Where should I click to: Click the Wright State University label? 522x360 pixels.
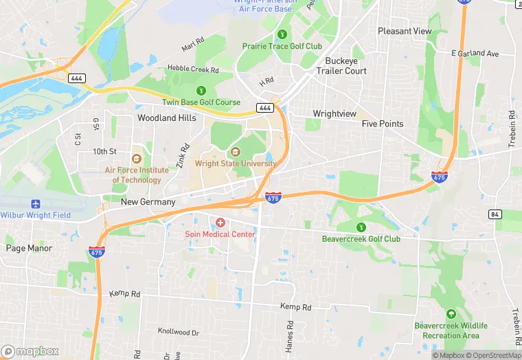point(236,164)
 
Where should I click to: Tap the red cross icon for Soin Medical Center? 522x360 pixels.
point(220,223)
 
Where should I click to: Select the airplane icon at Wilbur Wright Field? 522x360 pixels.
point(36,204)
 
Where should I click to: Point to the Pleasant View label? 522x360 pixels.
point(405,31)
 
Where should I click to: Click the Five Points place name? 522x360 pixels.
point(383,124)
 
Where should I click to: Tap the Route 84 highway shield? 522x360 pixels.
point(495,215)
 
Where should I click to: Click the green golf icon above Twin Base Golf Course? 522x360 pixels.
point(201,90)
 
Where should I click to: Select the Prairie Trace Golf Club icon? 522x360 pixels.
point(281,34)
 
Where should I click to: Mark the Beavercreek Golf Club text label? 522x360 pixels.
point(361,239)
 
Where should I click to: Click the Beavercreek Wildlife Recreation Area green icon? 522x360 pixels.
point(451,313)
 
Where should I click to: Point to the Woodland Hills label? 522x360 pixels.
point(166,117)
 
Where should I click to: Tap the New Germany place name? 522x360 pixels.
point(148,202)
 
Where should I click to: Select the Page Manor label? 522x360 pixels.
point(29,248)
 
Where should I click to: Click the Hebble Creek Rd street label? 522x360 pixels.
point(193,69)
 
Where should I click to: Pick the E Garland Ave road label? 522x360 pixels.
point(475,54)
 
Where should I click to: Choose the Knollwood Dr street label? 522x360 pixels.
point(178,332)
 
